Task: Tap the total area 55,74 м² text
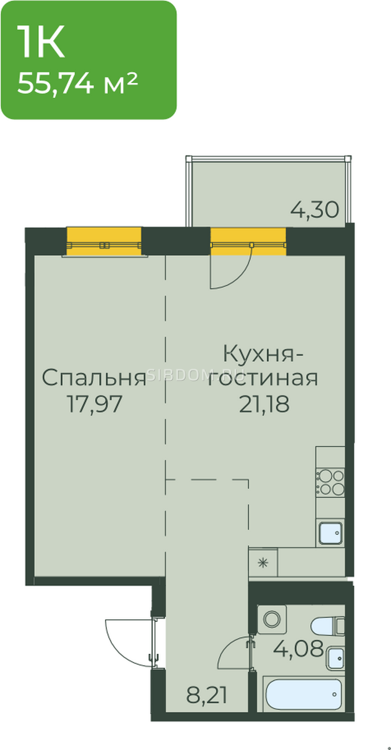(x=77, y=83)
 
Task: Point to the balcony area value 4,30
(x=314, y=210)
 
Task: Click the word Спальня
(x=94, y=377)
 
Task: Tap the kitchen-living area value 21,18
(x=264, y=404)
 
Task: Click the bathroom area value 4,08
(x=299, y=648)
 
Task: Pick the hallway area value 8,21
(x=207, y=695)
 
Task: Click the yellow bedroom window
(x=104, y=242)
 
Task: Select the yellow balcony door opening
(x=248, y=242)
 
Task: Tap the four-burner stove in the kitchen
(x=330, y=482)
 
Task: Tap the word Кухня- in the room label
(x=263, y=354)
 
